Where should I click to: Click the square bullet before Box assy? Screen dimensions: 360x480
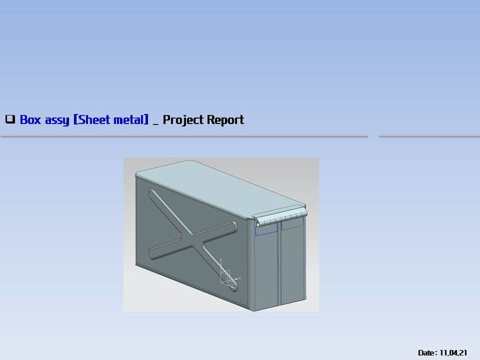coord(10,119)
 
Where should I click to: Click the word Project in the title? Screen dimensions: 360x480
coord(184,119)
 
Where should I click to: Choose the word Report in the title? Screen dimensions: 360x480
coord(226,119)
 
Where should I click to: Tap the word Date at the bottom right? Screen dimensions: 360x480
coord(427,352)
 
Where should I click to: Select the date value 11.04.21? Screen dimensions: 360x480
coord(454,352)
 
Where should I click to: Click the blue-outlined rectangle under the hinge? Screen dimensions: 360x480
coord(266,228)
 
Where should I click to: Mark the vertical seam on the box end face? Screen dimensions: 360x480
coord(280,264)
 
